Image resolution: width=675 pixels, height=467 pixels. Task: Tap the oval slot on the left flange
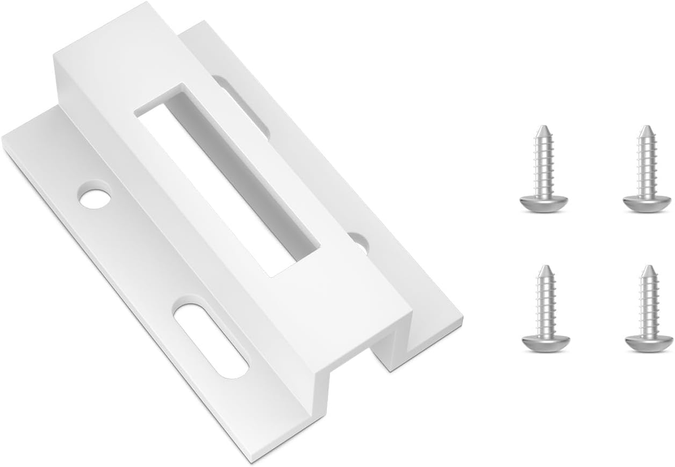[210, 340]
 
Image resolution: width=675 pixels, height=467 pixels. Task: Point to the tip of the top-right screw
[646, 128]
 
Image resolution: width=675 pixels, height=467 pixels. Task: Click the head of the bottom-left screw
[545, 342]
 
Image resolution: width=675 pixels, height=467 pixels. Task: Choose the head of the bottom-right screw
[647, 342]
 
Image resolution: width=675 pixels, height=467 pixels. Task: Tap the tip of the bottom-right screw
[647, 267]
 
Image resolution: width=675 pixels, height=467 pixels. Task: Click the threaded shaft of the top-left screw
[544, 165]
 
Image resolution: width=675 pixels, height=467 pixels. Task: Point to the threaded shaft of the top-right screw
[646, 165]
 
